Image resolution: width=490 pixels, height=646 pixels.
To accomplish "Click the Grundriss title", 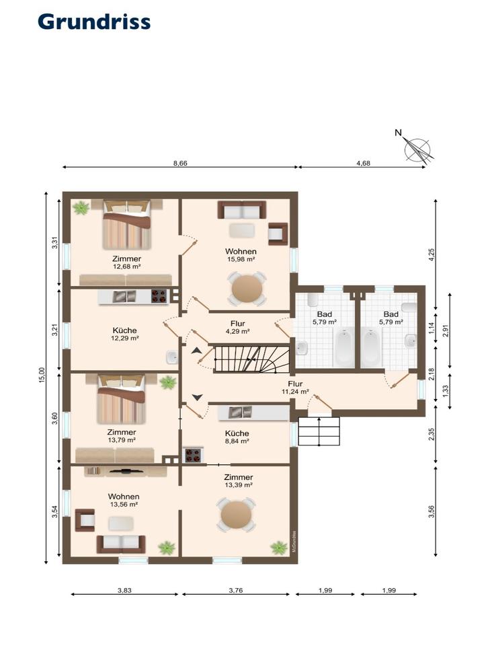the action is [94, 22].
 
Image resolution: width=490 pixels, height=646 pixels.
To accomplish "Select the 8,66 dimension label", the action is [180, 163].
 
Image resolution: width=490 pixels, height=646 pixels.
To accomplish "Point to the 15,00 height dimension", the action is [42, 375].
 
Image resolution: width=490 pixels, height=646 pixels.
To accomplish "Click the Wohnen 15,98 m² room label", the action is [241, 255].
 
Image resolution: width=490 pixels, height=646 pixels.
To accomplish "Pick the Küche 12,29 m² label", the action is [124, 334].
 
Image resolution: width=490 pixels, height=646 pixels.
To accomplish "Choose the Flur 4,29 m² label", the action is [238, 327].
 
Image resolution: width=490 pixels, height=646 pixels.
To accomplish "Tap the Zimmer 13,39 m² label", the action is [238, 480].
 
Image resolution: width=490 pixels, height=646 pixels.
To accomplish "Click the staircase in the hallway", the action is [252, 359].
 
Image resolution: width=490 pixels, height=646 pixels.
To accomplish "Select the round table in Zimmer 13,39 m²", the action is [237, 514].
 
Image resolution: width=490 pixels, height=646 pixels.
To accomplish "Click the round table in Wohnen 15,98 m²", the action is [247, 289].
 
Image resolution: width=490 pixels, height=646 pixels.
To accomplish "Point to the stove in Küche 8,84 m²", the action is [192, 456].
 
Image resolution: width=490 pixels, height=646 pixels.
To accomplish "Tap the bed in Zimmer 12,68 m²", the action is [127, 224].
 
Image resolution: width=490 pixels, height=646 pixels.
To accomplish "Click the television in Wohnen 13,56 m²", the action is [126, 470].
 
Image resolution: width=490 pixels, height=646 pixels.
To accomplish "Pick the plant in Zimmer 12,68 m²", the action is [81, 207].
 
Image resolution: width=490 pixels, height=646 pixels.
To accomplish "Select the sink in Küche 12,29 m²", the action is [172, 357].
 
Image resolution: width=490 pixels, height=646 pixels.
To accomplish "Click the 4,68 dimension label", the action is [363, 163].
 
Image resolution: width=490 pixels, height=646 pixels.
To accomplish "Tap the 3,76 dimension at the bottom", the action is [236, 590].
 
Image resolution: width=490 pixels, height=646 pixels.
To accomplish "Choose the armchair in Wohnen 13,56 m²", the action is [85, 520].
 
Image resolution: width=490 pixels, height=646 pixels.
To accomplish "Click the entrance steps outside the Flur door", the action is [319, 431].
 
